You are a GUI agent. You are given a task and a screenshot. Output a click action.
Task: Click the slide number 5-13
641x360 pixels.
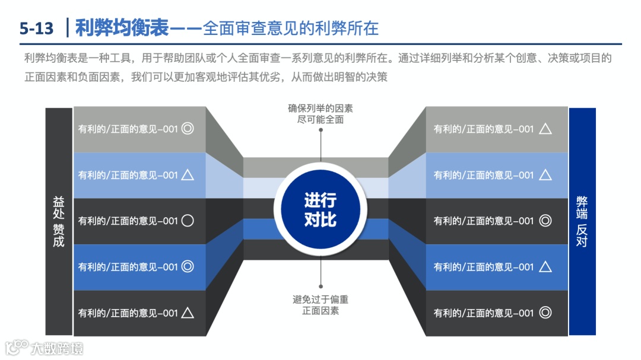pos(36,28)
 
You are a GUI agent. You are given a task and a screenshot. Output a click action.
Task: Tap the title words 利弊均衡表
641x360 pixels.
pos(122,27)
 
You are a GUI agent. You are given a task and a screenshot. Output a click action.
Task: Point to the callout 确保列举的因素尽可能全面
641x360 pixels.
pos(320,114)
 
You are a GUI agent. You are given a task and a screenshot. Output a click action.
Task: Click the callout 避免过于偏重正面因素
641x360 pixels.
pos(320,305)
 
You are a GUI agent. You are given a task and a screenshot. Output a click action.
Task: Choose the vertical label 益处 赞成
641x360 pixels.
pos(59,221)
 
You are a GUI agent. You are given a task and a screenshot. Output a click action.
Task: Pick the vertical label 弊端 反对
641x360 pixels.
pos(582,221)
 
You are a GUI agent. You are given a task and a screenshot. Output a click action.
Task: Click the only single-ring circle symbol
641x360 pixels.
pos(188,221)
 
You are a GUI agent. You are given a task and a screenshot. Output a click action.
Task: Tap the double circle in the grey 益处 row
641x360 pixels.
pos(188,129)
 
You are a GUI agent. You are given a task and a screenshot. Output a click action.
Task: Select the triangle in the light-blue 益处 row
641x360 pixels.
pos(188,174)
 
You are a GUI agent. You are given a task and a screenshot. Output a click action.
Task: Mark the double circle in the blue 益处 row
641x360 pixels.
pos(188,267)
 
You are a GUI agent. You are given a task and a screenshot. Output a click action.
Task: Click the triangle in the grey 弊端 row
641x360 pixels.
pos(545,129)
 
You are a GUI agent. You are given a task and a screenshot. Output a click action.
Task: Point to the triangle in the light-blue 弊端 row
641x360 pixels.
pos(545,174)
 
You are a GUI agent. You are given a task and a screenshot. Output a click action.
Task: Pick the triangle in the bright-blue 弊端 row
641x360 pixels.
pos(545,267)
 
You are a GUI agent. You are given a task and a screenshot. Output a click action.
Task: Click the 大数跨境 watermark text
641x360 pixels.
pos(58,348)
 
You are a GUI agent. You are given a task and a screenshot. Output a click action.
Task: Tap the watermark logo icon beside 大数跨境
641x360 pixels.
pos(17,347)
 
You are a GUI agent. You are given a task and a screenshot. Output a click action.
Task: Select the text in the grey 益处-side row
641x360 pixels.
pos(128,129)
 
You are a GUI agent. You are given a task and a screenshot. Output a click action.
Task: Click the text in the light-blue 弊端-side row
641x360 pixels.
pos(484,175)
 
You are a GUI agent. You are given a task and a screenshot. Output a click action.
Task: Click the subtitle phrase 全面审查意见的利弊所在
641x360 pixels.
pos(291,28)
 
